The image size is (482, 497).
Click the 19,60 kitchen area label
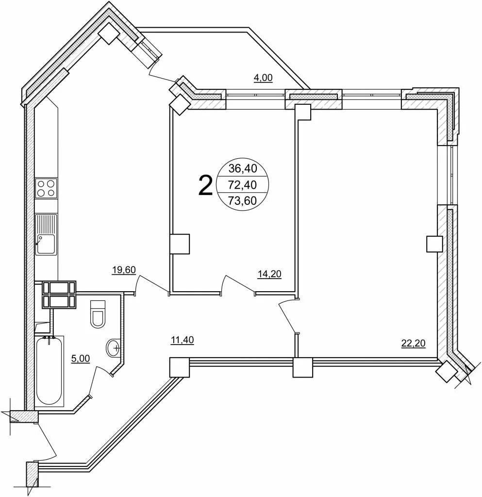[124, 270]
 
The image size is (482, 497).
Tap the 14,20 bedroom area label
[269, 274]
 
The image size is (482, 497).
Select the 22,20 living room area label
[413, 343]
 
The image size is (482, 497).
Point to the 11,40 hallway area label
[182, 340]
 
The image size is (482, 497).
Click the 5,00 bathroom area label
[81, 359]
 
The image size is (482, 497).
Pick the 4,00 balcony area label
[263, 78]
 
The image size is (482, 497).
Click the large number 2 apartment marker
[205, 186]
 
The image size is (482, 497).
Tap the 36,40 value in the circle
[243, 168]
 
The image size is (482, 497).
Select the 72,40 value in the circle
[243, 184]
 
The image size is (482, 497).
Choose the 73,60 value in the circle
[243, 200]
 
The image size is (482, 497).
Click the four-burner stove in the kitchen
[46, 188]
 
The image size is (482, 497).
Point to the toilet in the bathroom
[98, 314]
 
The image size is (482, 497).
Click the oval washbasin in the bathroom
[113, 348]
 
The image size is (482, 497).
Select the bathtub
[49, 371]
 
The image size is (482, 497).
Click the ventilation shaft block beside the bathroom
[59, 295]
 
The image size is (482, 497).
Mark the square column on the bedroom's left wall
[180, 244]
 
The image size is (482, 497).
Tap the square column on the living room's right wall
[434, 244]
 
